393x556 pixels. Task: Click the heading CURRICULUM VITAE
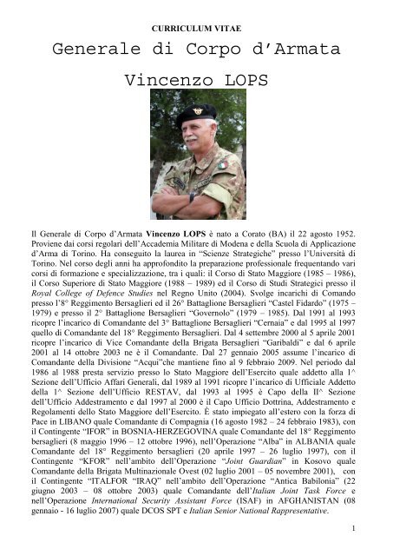pos(196,15)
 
